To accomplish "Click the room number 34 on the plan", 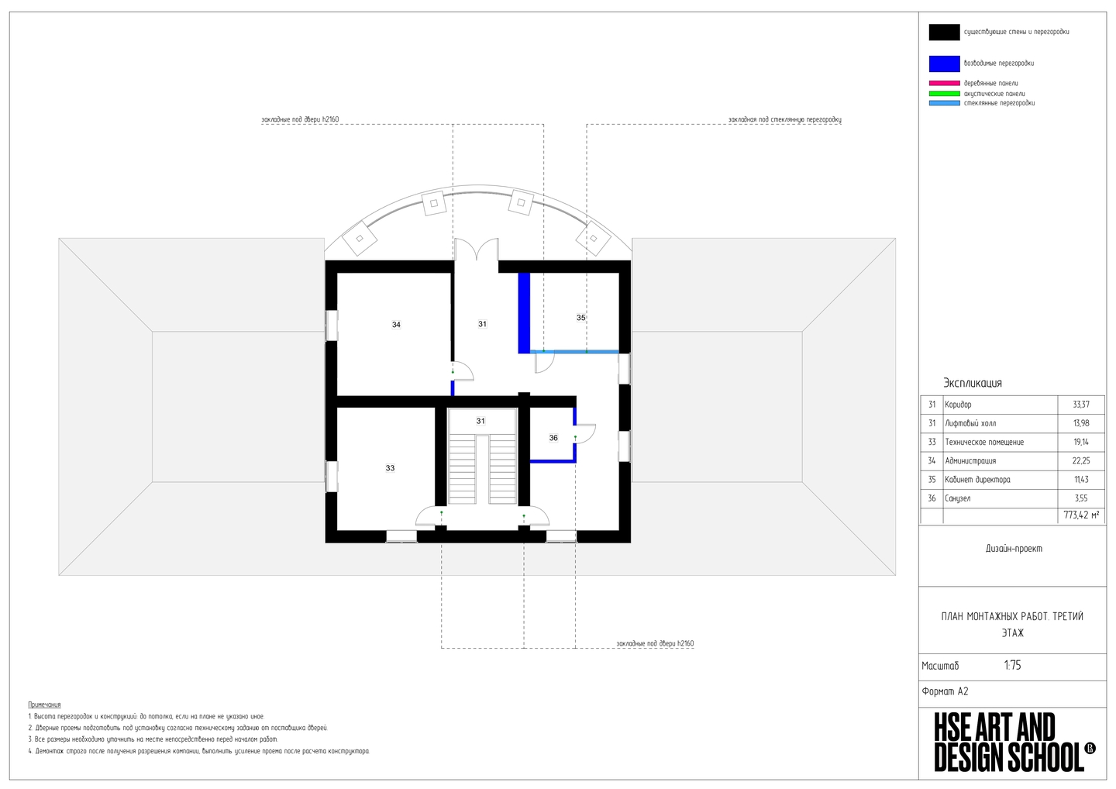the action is coord(396,325).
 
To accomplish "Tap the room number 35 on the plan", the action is coord(581,318).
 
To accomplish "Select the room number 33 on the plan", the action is coord(390,468).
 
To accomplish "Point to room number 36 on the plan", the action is coord(553,438).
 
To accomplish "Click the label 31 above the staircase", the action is coord(480,421).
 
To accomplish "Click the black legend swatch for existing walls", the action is coord(944,33).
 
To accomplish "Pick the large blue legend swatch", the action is coord(944,64).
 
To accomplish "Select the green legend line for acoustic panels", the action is coord(944,94).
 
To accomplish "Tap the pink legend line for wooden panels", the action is coord(944,83).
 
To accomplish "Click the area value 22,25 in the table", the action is coord(1080,460).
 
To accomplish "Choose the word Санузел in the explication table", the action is coord(958,498).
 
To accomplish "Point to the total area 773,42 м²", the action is coord(1081,515).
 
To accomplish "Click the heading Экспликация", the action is coord(972,383).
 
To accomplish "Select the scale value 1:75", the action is coord(1012,666).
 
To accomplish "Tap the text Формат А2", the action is coord(945,691).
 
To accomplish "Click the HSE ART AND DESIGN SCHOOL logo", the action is coord(1014,742).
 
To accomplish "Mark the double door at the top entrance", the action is coord(477,249).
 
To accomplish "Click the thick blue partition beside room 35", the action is coord(524,313).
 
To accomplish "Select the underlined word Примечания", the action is coord(44,705).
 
